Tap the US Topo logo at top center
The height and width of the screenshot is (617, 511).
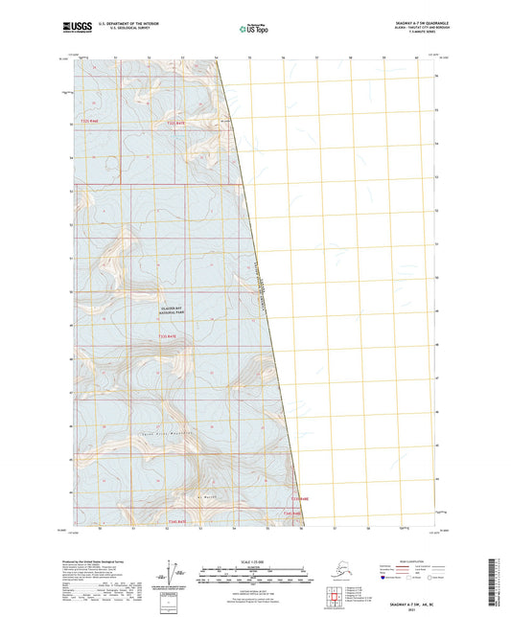click(x=254, y=30)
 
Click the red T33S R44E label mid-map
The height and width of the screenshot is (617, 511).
click(x=169, y=337)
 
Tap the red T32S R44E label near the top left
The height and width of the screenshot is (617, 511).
click(x=90, y=123)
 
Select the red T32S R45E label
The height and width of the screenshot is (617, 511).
click(x=174, y=123)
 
